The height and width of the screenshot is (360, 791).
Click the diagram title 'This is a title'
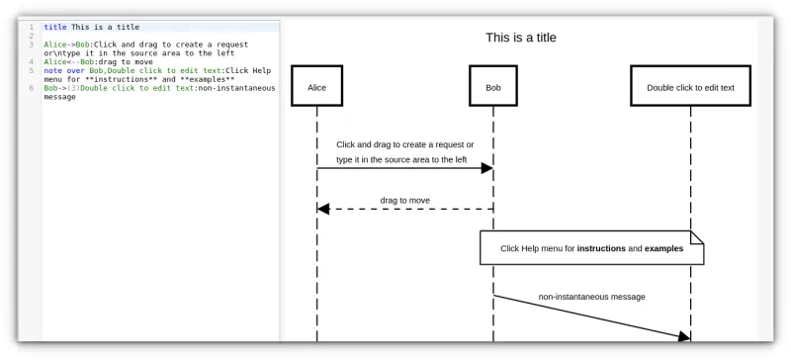click(520, 38)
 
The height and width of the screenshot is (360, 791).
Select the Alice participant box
click(316, 87)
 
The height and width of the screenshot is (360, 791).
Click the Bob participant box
click(493, 87)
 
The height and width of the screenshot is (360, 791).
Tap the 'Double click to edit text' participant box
click(690, 87)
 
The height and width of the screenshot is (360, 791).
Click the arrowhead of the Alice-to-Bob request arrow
click(486, 168)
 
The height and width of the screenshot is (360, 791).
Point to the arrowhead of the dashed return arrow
click(323, 209)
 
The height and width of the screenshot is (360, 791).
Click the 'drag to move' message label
click(404, 200)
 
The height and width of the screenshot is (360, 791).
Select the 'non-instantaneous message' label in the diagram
click(591, 296)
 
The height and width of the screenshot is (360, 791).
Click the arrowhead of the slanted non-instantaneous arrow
click(682, 337)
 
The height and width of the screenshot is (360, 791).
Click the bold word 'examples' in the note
click(663, 248)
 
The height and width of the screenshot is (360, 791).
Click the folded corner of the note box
click(696, 236)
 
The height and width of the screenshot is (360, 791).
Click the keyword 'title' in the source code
click(55, 27)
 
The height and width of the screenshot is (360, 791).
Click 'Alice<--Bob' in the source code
click(68, 61)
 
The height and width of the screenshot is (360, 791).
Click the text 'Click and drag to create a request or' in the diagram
click(404, 144)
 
